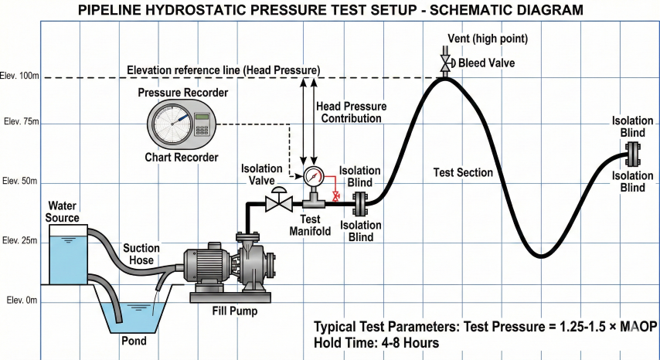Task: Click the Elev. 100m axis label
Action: (x=21, y=76)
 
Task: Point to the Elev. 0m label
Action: (x=21, y=300)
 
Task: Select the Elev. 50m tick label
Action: (x=21, y=181)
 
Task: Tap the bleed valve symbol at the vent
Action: (x=445, y=63)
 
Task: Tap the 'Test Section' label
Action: (x=463, y=172)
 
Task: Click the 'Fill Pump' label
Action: (x=235, y=312)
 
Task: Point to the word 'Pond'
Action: (x=133, y=340)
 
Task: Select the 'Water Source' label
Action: (x=63, y=212)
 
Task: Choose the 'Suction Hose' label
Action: (x=141, y=253)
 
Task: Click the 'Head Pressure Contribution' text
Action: (x=352, y=112)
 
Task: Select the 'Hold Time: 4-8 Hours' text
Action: (x=376, y=342)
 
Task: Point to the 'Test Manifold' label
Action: (x=311, y=225)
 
